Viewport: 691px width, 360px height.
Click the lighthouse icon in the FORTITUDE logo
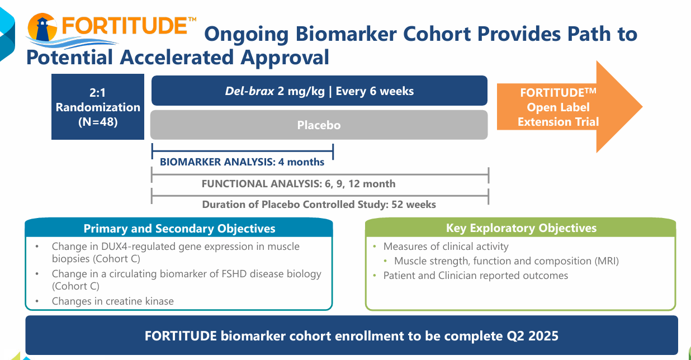tap(43, 29)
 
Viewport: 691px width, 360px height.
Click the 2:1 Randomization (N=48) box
tap(98, 107)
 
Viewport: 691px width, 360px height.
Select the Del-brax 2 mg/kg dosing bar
tap(319, 91)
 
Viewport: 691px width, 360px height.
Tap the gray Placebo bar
tap(319, 125)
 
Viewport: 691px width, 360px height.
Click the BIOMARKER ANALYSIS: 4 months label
tap(242, 162)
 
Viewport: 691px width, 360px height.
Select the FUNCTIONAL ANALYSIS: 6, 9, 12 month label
tap(298, 183)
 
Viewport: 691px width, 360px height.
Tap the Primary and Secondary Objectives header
tap(179, 229)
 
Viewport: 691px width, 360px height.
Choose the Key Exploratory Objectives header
tap(520, 228)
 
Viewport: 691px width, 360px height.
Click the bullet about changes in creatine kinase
tap(112, 301)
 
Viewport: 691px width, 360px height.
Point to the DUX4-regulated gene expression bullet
tap(175, 253)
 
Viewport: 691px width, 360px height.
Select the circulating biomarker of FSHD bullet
tap(186, 280)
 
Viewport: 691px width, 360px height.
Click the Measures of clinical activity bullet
tap(446, 247)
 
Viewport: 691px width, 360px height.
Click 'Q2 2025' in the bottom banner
tap(537, 336)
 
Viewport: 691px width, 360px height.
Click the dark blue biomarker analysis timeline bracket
tap(242, 150)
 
